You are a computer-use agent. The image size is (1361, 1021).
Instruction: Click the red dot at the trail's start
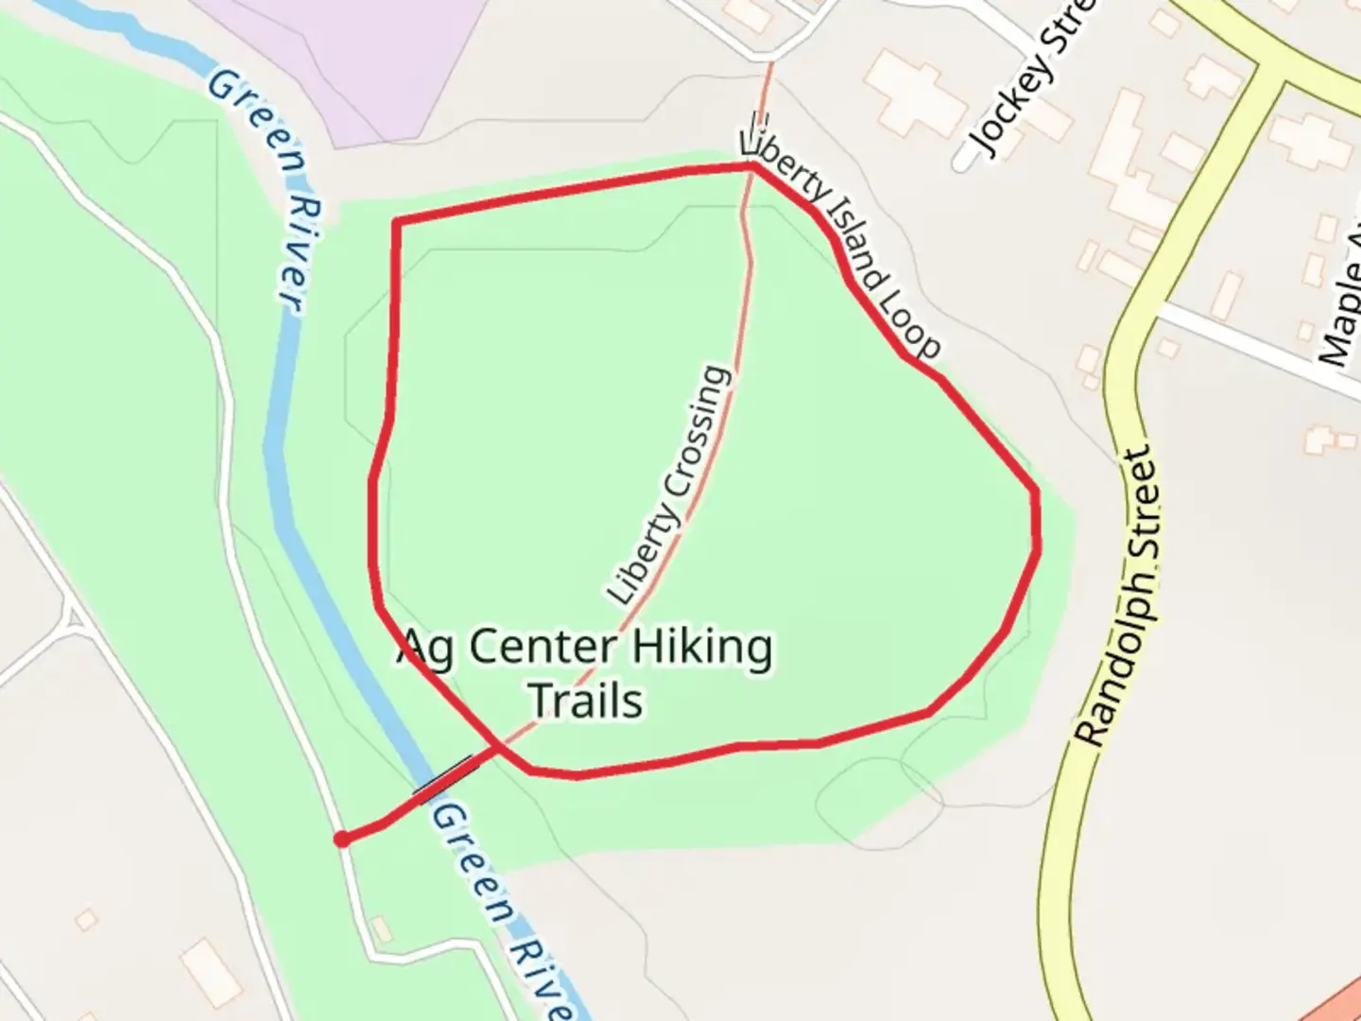click(342, 839)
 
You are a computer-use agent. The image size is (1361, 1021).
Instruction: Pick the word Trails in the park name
click(586, 701)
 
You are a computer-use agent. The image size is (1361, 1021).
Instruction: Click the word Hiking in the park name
click(701, 649)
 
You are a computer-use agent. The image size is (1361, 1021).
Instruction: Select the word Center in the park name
click(543, 649)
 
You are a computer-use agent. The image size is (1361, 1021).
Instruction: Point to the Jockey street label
click(1035, 80)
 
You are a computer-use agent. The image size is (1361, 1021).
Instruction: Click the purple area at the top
click(359, 57)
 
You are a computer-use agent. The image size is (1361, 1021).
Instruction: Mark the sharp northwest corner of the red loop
click(397, 222)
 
